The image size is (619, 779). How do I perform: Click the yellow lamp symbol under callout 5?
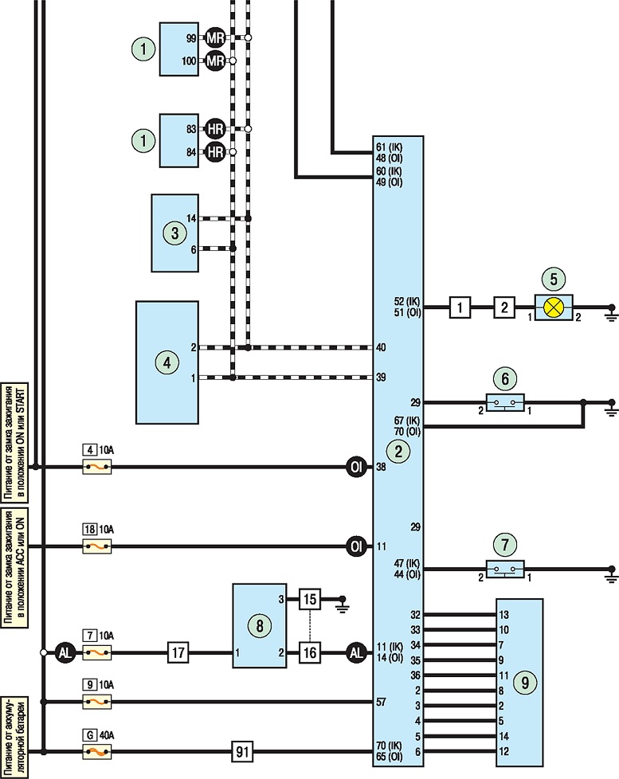[554, 307]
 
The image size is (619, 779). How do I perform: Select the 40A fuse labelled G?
[97, 752]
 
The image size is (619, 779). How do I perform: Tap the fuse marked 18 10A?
[97, 546]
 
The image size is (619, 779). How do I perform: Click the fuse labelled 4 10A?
[97, 467]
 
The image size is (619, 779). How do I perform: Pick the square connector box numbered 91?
[242, 752]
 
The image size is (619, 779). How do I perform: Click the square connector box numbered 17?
[178, 652]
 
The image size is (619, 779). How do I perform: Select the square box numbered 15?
[309, 599]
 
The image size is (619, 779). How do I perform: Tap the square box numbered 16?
[309, 652]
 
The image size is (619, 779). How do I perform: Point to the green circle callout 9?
[525, 683]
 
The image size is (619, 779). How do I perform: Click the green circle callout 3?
[175, 233]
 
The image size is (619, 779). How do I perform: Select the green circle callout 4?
[167, 362]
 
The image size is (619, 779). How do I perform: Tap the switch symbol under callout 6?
[505, 402]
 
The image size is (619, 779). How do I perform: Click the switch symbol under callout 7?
[505, 569]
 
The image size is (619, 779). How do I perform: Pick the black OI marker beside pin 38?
[356, 467]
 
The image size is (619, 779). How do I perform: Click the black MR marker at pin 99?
[214, 37]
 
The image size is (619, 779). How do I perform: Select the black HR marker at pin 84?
[214, 152]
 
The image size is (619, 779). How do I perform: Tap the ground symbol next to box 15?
[342, 604]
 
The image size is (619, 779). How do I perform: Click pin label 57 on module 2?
[381, 702]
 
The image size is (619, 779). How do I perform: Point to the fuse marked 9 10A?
[97, 702]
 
